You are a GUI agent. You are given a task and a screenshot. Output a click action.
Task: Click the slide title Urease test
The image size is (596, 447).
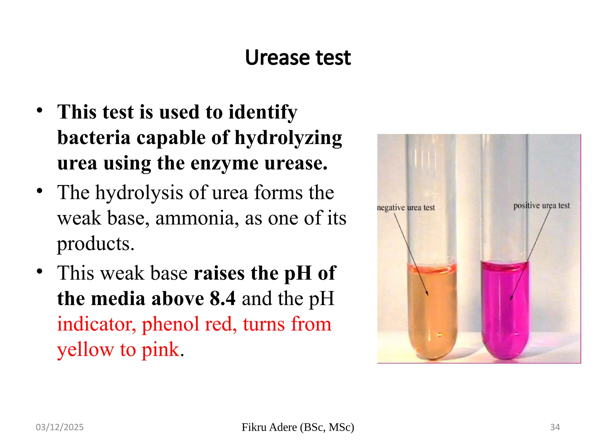point(298,58)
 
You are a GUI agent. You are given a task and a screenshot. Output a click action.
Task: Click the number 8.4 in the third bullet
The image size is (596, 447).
point(222,299)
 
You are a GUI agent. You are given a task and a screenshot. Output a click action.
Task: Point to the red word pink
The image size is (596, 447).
point(160,349)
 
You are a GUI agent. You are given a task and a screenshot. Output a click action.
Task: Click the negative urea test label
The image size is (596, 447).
point(406,207)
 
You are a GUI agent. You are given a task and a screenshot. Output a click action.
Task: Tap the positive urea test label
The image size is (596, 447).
point(541,205)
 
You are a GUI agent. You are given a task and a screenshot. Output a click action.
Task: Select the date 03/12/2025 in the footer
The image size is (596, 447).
point(60,427)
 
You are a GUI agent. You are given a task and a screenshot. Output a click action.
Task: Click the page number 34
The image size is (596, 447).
point(555,427)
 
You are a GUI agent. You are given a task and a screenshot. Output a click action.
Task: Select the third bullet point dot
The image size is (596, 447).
point(40,272)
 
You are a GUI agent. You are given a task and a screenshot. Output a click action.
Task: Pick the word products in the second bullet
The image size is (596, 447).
point(95,244)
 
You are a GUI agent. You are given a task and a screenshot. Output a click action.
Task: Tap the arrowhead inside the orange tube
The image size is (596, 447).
point(427,294)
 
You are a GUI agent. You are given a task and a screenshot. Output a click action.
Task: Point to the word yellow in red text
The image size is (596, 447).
point(86,349)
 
